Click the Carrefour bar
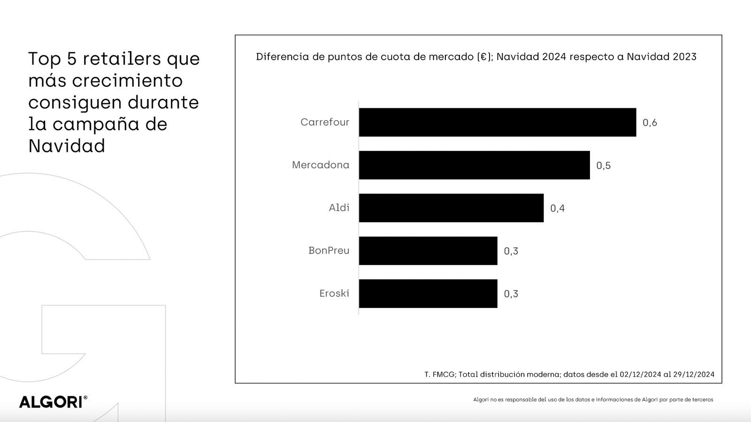point(498,122)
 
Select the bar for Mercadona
point(474,165)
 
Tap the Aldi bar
point(451,208)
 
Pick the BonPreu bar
point(428,251)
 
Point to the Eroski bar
point(428,294)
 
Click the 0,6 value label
point(650,123)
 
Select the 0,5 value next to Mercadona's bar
point(603,166)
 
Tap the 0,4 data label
point(557,208)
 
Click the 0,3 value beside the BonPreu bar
point(511,251)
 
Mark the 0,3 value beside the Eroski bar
point(511,294)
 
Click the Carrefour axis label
point(325,122)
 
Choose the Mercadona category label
point(321,165)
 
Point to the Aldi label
point(339,208)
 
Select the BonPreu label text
point(329,250)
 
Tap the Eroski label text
point(334,294)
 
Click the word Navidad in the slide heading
point(67,146)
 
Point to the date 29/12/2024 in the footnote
point(694,374)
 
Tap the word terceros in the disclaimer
point(701,400)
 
